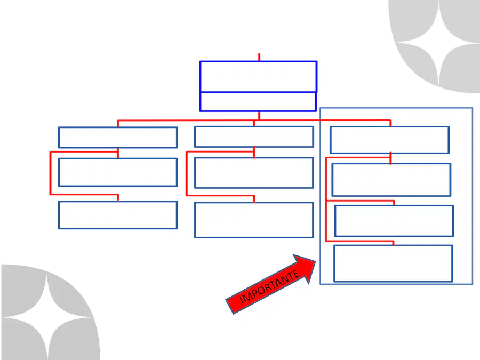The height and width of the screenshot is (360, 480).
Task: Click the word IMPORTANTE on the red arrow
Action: [x=269, y=286]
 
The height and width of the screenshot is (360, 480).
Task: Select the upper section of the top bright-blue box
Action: [x=258, y=76]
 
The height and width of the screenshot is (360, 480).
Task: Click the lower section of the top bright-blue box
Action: [x=258, y=102]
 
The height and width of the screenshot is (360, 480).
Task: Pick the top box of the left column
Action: [x=118, y=138]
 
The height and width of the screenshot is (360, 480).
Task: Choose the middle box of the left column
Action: [x=118, y=172]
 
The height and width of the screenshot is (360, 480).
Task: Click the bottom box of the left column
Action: [x=118, y=215]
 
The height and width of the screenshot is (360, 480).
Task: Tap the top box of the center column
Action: [x=254, y=137]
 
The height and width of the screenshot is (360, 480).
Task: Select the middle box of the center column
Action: [x=254, y=173]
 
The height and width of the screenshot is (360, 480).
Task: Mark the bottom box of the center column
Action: [x=254, y=220]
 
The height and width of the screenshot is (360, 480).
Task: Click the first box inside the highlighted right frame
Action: [x=390, y=140]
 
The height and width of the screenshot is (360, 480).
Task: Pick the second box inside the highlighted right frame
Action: [x=391, y=180]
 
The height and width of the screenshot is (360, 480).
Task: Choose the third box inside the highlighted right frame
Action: [x=394, y=221]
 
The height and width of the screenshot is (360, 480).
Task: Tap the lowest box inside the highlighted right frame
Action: [x=394, y=263]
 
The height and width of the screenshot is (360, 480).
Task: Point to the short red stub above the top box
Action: [x=259, y=57]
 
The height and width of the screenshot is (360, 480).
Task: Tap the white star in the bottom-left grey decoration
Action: [x=47, y=317]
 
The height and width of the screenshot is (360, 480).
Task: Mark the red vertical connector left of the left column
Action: [x=50, y=173]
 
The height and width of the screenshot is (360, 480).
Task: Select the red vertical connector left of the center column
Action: [x=187, y=173]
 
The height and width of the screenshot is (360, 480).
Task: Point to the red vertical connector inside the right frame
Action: [x=326, y=199]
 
